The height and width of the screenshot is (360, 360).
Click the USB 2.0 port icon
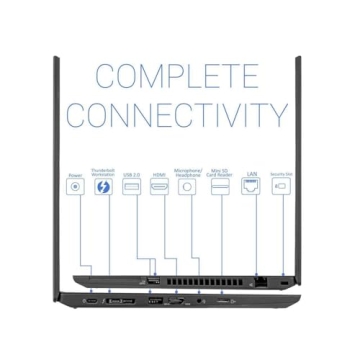tap(131, 186)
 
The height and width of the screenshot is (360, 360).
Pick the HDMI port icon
tap(159, 186)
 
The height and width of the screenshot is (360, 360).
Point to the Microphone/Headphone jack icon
tap(187, 186)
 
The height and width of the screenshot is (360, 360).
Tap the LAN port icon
tap(251, 186)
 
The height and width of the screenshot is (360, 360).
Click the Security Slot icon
tap(281, 186)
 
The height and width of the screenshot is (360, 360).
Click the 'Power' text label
tap(75, 174)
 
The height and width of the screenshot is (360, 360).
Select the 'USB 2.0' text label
tap(131, 174)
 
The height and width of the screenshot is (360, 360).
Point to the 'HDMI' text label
tap(159, 174)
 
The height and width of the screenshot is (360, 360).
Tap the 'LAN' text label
tap(251, 173)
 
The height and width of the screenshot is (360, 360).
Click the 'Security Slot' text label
tap(281, 174)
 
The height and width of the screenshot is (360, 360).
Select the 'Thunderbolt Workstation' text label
tap(103, 172)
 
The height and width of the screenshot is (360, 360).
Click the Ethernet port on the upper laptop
tap(261, 283)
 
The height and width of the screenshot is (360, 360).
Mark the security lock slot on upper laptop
tap(283, 284)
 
